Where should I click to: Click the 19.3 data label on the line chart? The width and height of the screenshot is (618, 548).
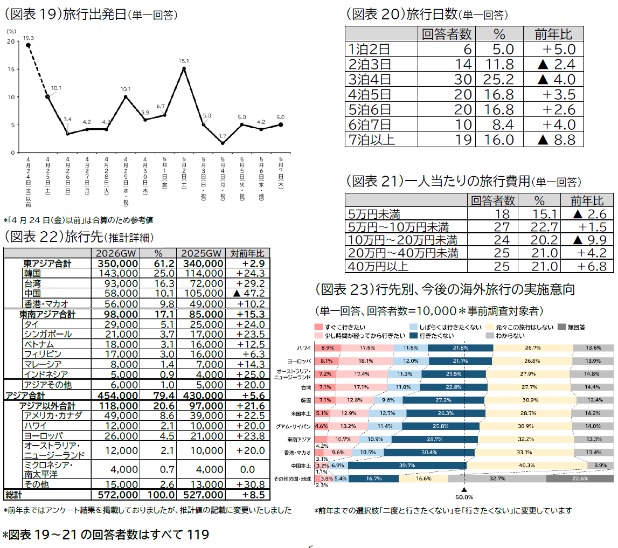29,38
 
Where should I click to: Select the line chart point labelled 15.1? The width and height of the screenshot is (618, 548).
184,68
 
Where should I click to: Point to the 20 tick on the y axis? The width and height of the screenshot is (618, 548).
11,41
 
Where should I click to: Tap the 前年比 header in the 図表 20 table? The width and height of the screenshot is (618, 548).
553,34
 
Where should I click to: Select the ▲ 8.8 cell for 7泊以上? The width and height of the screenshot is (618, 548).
553,140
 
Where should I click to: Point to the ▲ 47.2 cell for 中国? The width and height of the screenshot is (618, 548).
247,294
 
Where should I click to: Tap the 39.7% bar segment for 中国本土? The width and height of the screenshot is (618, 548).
407,465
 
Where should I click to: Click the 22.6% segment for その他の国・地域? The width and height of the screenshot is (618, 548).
579,478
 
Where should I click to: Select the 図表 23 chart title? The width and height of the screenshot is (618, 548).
445,290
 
